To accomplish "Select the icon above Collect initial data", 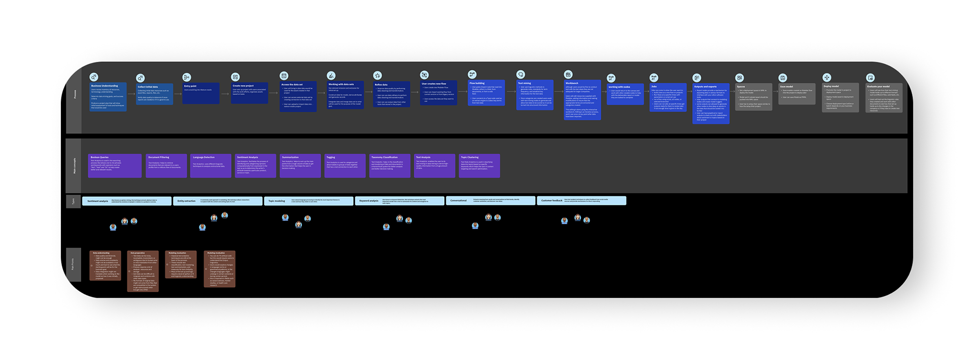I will pos(140,78).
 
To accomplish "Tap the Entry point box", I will pos(201,93).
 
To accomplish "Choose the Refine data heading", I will pos(381,85).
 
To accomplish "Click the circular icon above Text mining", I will pos(520,75).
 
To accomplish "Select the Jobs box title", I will pos(654,87).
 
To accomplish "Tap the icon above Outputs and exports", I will pos(697,78).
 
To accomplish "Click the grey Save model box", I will pos(797,94).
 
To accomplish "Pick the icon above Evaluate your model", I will pos(871,78).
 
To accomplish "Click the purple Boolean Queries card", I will pos(115,166).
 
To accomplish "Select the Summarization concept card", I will pos(300,166).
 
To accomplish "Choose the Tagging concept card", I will pos(345,166).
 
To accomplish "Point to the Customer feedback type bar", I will pos(581,201).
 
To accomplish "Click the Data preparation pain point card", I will pos(143,271).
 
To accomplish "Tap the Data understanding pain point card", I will pos(106,265).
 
